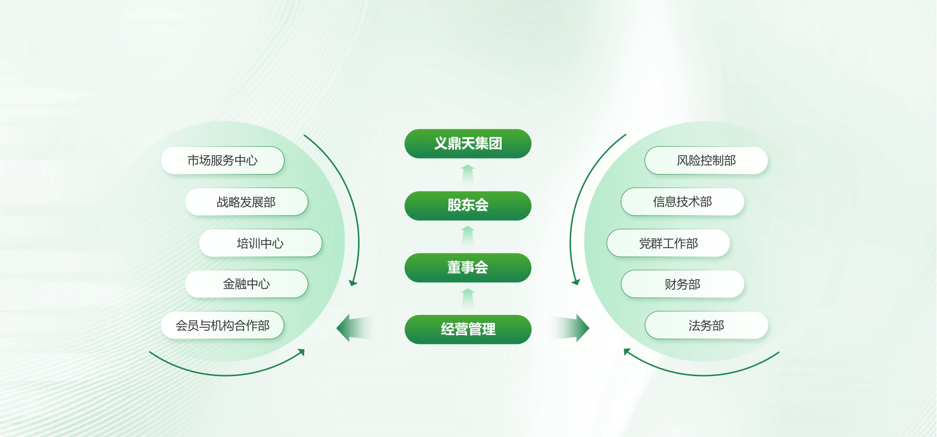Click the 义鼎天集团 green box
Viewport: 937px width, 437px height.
click(468, 143)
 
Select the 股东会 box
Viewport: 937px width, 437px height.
click(468, 205)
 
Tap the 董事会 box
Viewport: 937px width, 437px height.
click(468, 267)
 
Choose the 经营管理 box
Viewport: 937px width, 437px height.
click(468, 329)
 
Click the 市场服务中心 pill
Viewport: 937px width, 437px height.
click(223, 160)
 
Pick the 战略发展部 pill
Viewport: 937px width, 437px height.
click(246, 201)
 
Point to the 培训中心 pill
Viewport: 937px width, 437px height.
click(261, 243)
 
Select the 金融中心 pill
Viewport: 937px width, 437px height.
click(246, 284)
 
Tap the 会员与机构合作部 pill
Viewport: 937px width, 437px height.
click(223, 325)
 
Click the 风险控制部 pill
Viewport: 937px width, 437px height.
click(706, 160)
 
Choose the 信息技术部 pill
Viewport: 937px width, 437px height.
click(682, 201)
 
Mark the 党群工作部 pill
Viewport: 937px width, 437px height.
click(668, 243)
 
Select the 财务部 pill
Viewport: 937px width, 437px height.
click(682, 284)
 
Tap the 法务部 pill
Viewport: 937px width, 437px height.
click(706, 325)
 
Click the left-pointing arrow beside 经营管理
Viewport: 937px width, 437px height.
click(354, 328)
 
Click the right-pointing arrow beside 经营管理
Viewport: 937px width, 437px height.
click(570, 328)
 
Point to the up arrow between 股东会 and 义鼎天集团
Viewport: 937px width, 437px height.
click(468, 175)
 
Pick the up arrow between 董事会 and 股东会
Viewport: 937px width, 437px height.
click(468, 237)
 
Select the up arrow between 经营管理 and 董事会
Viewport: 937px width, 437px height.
click(468, 298)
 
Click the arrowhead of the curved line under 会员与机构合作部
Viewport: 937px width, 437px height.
click(302, 352)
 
